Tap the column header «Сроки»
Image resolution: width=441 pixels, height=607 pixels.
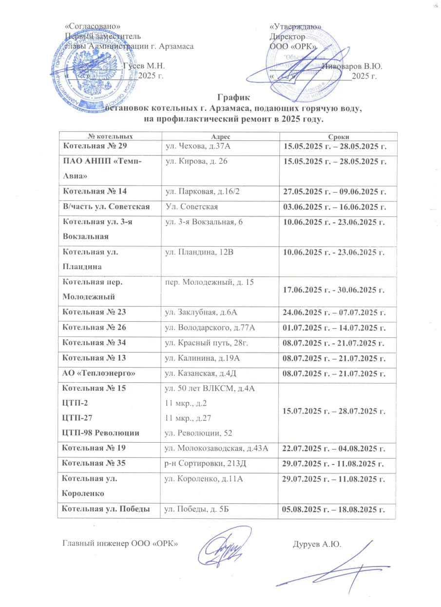point(337,137)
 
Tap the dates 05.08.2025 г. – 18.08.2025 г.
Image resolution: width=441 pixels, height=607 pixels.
point(334,510)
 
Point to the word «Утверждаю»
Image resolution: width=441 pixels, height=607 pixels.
point(295,27)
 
